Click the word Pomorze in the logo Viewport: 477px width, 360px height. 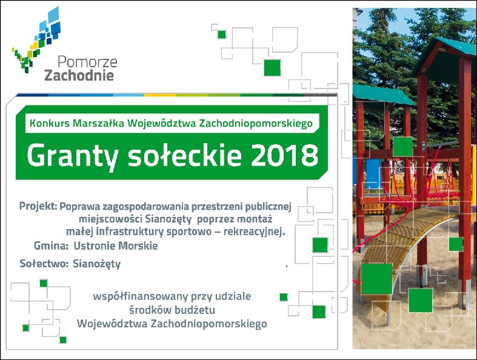pos(87,62)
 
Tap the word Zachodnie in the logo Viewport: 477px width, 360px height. pos(79,75)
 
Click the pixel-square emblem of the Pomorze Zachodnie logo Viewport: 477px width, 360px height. pos(36,39)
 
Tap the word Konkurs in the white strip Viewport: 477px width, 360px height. pos(50,123)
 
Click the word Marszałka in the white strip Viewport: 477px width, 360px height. pos(99,123)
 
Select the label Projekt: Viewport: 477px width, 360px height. pos(38,207)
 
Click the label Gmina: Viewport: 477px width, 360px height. pos(51,245)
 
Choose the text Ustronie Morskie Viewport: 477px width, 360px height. pos(116,245)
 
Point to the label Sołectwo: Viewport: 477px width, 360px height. pos(44,263)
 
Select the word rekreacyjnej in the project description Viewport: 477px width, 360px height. pos(254,232)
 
